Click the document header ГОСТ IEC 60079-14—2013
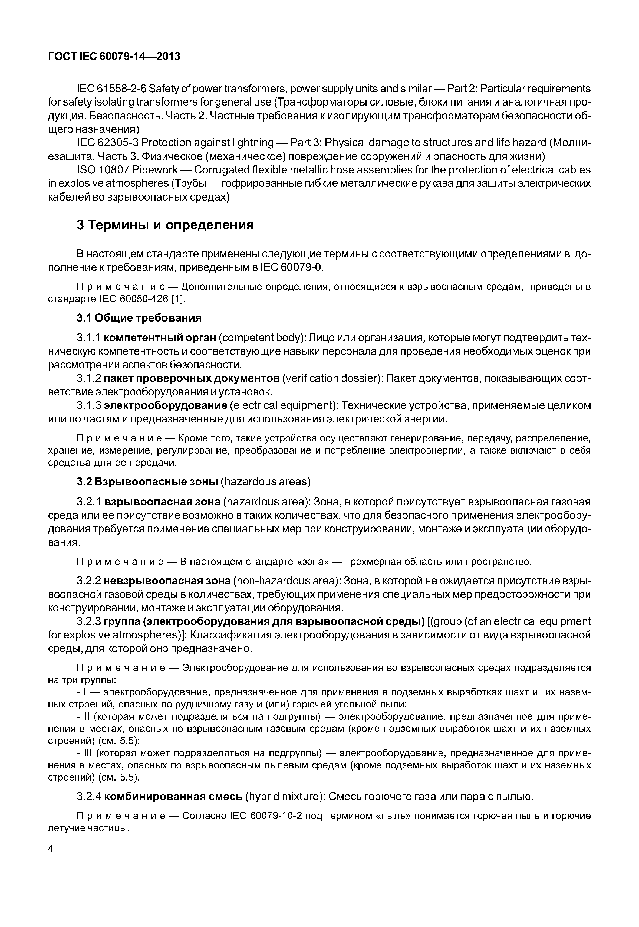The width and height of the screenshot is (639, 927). click(x=114, y=57)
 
